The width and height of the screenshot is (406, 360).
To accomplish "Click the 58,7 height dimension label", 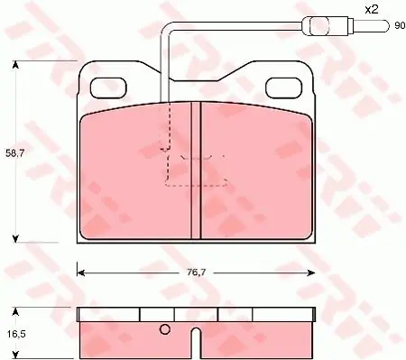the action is point(14,153).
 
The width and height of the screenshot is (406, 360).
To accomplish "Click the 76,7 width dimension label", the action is point(196,272).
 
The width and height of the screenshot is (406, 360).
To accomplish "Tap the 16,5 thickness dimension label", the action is point(14,334).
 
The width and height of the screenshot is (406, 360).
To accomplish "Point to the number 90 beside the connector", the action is point(400,26).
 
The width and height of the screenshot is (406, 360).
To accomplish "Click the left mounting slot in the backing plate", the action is point(108,88).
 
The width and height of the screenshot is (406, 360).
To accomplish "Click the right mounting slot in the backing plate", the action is point(284,88).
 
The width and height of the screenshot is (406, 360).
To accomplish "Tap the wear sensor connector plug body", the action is point(328,26).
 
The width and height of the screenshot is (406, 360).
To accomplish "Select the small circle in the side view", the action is point(165,329).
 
